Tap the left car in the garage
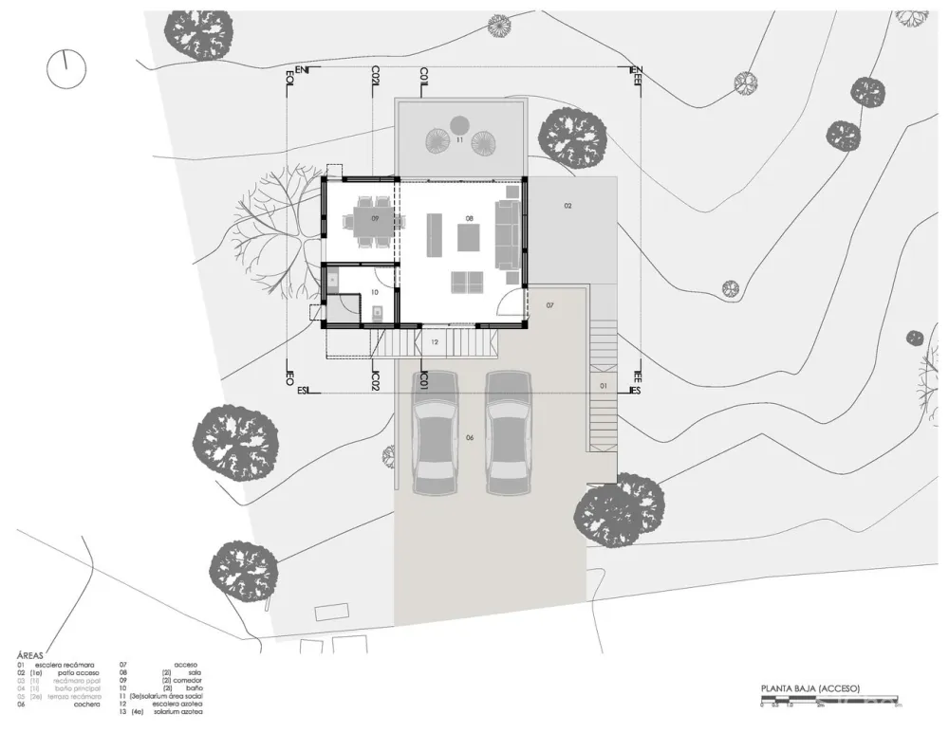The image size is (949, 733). [x=436, y=431]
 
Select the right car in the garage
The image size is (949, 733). [x=507, y=431]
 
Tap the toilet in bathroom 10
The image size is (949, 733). [x=377, y=314]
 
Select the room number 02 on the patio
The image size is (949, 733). [x=568, y=206]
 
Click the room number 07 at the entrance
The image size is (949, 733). [x=549, y=305]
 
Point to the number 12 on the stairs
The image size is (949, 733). [x=434, y=341]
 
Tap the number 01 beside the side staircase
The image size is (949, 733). [x=602, y=387]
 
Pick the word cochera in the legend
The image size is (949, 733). [x=87, y=705]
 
